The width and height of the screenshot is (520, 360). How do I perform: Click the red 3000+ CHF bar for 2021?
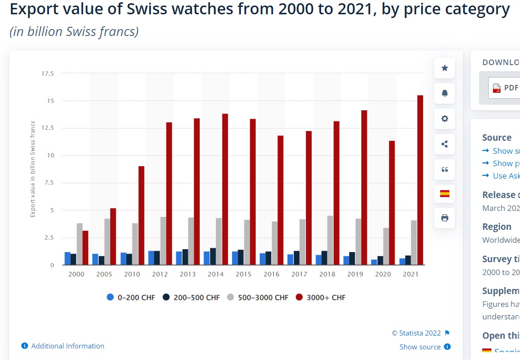(x=420, y=180)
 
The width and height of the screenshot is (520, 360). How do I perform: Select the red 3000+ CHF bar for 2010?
(x=141, y=216)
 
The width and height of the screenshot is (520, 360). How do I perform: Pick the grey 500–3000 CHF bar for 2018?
(x=330, y=240)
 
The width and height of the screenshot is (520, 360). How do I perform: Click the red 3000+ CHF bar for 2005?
(x=113, y=237)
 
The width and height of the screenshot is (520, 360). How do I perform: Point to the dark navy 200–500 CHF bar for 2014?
(x=213, y=257)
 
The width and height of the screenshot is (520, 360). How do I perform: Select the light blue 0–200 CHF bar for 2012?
(x=151, y=258)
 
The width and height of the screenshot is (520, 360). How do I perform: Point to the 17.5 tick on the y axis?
(x=48, y=73)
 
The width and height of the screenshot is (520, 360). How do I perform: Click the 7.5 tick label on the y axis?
(x=48, y=183)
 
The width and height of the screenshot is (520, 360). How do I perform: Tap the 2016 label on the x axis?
(x=271, y=274)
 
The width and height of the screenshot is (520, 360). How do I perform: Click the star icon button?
(x=445, y=68)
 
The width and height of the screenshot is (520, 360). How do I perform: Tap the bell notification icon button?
(x=445, y=93)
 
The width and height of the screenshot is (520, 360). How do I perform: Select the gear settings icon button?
(x=445, y=119)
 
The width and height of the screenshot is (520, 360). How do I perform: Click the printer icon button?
(x=445, y=218)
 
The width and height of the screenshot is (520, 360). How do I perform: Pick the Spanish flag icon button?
(x=445, y=193)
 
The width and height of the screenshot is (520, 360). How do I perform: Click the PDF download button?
(x=506, y=88)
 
